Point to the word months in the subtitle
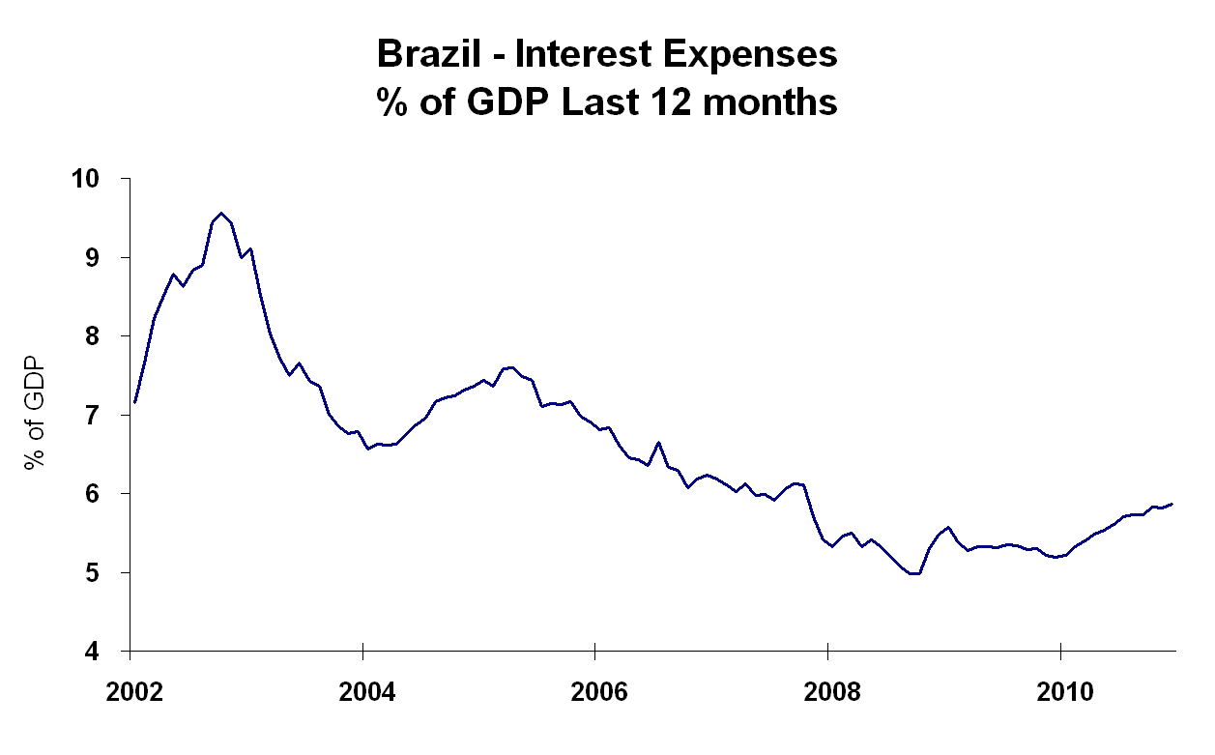(x=776, y=102)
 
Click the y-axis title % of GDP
(x=36, y=416)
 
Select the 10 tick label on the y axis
(x=97, y=180)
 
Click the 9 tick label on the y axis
(x=103, y=258)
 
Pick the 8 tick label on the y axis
(x=103, y=337)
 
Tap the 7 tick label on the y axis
(x=103, y=416)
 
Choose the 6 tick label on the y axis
(x=103, y=494)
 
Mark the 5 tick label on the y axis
(x=103, y=573)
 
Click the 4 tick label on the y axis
(x=103, y=652)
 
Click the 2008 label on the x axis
(x=828, y=692)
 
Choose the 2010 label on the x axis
(x=1061, y=692)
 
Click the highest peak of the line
(x=221, y=213)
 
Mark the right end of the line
(x=1173, y=504)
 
